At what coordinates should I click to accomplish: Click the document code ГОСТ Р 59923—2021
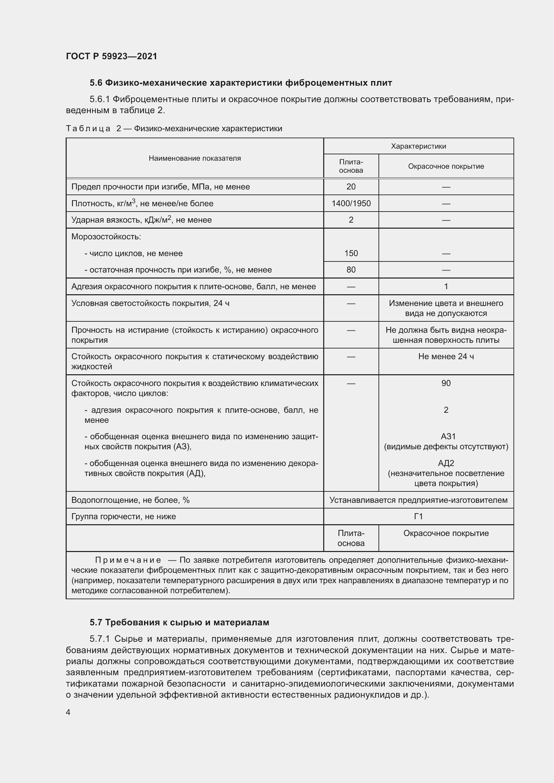pyautogui.click(x=112, y=56)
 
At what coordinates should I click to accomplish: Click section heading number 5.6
pyautogui.click(x=96, y=83)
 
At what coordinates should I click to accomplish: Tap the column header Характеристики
pyautogui.click(x=418, y=146)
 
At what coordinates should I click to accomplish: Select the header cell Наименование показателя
pyautogui.click(x=195, y=158)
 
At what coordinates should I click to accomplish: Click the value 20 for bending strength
pyautogui.click(x=351, y=187)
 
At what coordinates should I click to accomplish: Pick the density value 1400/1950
pyautogui.click(x=351, y=204)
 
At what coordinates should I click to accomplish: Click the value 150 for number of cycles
pyautogui.click(x=351, y=253)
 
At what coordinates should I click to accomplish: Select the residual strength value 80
pyautogui.click(x=351, y=270)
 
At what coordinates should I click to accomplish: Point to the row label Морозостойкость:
pyautogui.click(x=106, y=237)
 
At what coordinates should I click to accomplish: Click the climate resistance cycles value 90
pyautogui.click(x=446, y=383)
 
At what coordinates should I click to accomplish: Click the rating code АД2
pyautogui.click(x=446, y=463)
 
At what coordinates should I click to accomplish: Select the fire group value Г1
pyautogui.click(x=418, y=516)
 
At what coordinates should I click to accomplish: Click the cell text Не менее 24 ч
pyautogui.click(x=446, y=357)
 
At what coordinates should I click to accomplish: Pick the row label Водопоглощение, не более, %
pyautogui.click(x=130, y=500)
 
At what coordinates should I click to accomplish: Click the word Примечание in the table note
pyautogui.click(x=128, y=560)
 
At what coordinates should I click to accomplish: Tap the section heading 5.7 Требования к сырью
pyautogui.click(x=180, y=622)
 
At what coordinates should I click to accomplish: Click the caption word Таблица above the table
pyautogui.click(x=88, y=129)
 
